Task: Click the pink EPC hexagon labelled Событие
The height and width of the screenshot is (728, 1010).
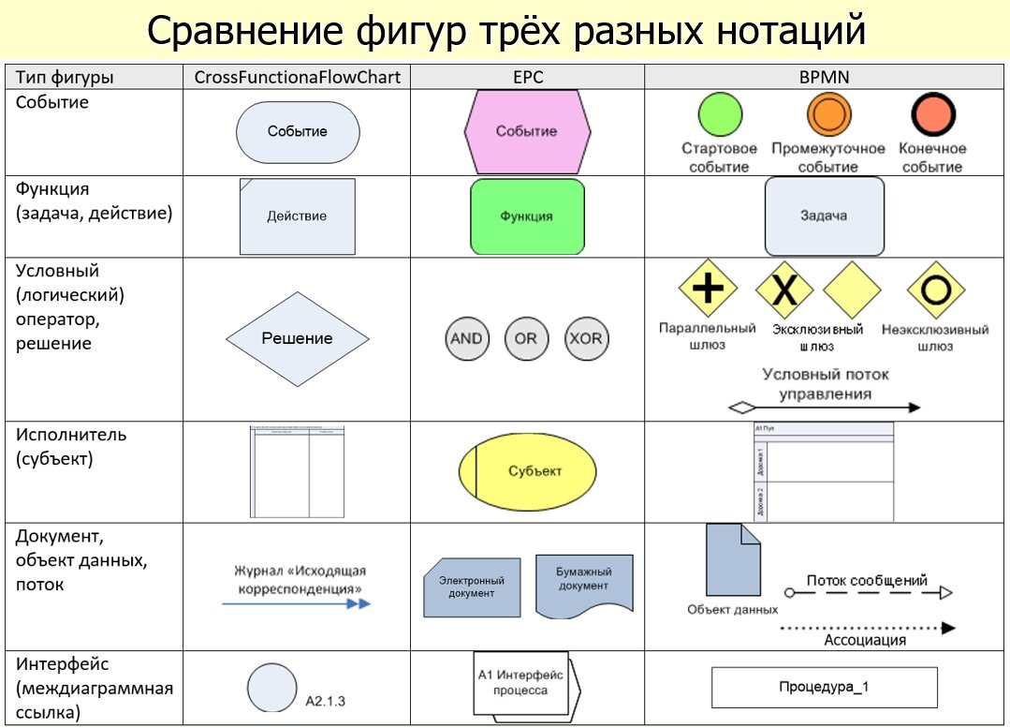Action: pyautogui.click(x=527, y=131)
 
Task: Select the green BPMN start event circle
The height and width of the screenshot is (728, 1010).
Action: pyautogui.click(x=720, y=114)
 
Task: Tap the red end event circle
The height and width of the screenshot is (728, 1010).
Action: pyautogui.click(x=932, y=114)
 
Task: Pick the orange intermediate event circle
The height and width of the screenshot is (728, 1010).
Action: pyautogui.click(x=828, y=114)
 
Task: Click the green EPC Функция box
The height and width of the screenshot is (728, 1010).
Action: pyautogui.click(x=527, y=216)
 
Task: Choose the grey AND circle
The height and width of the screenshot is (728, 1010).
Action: pyautogui.click(x=466, y=338)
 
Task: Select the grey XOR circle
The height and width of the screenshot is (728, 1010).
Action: pyautogui.click(x=586, y=338)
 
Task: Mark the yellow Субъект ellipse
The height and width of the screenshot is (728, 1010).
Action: pyautogui.click(x=527, y=471)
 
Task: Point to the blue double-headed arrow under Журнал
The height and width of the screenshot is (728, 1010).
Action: pyautogui.click(x=296, y=604)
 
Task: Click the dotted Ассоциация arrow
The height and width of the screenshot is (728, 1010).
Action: pyautogui.click(x=867, y=627)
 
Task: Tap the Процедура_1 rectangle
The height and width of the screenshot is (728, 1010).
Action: pyautogui.click(x=824, y=687)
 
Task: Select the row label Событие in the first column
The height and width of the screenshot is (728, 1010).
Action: pyautogui.click(x=52, y=102)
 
